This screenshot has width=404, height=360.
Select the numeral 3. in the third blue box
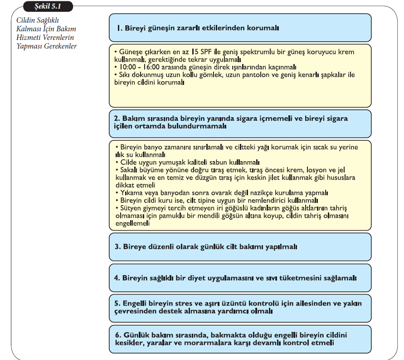pyautogui.click(x=117, y=247)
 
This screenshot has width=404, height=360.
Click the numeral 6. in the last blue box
pyautogui.click(x=117, y=335)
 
